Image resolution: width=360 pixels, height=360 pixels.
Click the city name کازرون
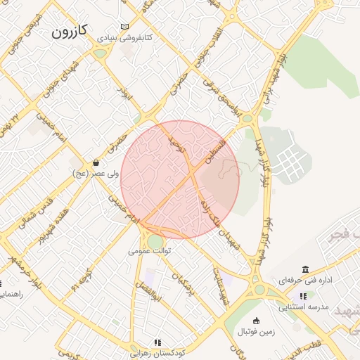click(x=70, y=32)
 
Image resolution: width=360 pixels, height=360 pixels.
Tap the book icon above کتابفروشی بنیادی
click(x=125, y=26)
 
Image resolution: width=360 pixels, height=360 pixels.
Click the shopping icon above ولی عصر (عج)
click(x=96, y=162)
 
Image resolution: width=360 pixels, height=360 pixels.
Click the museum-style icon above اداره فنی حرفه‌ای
click(x=304, y=270)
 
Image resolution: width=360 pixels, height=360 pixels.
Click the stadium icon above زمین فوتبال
click(x=256, y=321)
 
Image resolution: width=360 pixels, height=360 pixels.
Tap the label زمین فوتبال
click(x=256, y=330)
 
